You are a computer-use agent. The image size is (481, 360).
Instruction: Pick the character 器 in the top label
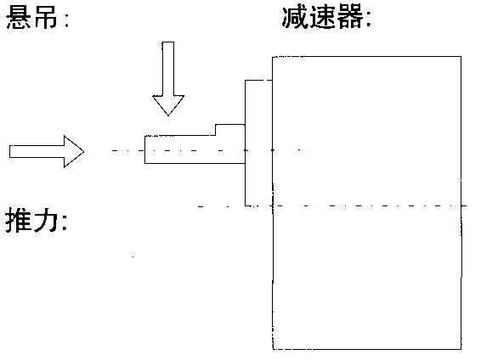click(x=352, y=18)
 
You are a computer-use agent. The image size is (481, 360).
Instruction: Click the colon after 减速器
click(x=370, y=20)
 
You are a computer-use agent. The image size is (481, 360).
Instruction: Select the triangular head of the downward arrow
click(x=168, y=104)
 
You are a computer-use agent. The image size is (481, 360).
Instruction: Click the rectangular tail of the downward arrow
click(x=168, y=68)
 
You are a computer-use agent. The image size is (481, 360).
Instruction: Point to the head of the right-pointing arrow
click(x=73, y=151)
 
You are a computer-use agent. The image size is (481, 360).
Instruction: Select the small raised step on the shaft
click(x=229, y=128)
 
